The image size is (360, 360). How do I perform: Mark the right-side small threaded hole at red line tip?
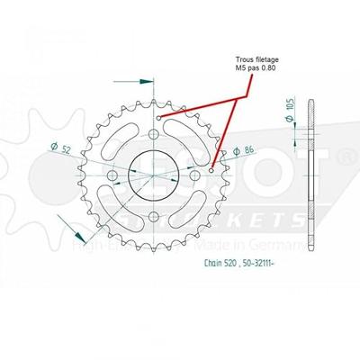pyautogui.click(x=212, y=168)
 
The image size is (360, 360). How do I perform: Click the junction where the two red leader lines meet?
pyautogui.click(x=241, y=97)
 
